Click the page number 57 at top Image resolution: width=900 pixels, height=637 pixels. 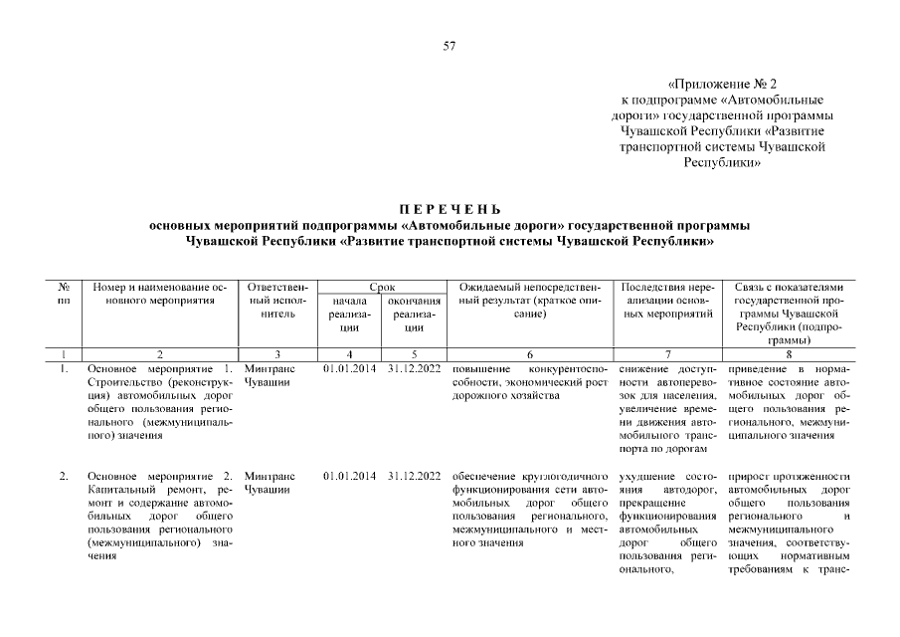coord(450,47)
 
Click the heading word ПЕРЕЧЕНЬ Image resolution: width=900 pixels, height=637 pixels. coord(450,209)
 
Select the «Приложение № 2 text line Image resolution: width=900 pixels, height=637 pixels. coord(721,85)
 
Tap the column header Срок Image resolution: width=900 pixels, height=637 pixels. coord(381,287)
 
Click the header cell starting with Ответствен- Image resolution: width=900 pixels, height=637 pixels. coord(278,300)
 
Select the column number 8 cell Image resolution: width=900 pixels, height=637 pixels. coord(788,354)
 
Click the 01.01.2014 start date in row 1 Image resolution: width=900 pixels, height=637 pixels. coord(349,370)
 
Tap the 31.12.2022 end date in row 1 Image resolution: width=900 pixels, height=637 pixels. coord(415,370)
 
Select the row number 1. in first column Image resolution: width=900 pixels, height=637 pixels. coord(64,370)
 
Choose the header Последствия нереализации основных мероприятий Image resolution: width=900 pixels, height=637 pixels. coord(669,300)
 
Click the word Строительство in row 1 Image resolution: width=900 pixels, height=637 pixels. coord(122,383)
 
